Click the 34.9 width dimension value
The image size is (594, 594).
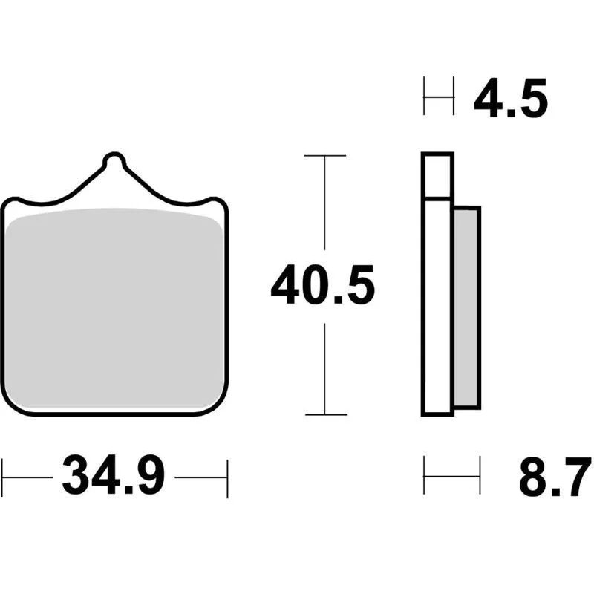point(114,475)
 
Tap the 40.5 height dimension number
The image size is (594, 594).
point(323,286)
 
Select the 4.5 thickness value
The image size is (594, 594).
point(511,98)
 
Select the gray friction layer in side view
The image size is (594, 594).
point(468,307)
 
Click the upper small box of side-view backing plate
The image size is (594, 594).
point(437,175)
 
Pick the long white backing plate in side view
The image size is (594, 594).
point(437,307)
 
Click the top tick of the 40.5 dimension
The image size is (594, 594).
point(325,155)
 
